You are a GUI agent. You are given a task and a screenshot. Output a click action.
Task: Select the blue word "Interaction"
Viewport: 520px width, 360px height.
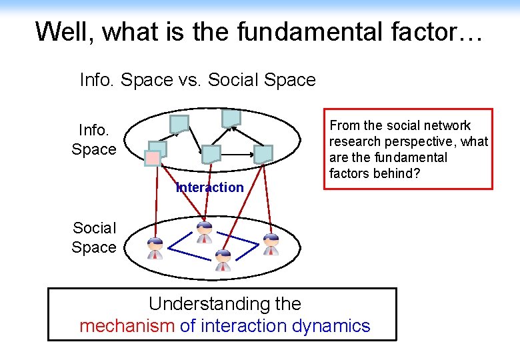(x=209, y=187)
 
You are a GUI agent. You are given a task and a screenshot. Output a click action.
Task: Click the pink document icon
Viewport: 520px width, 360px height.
(x=153, y=158)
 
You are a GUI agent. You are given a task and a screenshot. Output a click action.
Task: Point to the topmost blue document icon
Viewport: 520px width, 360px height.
(x=231, y=118)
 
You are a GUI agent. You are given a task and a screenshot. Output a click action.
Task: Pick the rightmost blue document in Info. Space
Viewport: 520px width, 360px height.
(x=263, y=154)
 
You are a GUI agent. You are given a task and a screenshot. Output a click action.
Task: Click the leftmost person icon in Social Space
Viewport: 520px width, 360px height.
(x=155, y=247)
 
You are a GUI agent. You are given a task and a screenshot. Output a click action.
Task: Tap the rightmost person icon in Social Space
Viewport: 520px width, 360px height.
(x=271, y=244)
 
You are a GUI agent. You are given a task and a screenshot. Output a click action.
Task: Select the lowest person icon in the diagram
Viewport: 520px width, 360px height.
(x=223, y=260)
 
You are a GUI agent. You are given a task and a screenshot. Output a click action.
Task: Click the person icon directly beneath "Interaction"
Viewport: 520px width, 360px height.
(x=205, y=232)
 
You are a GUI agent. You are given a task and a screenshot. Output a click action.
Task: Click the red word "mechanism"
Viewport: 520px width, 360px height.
(x=127, y=326)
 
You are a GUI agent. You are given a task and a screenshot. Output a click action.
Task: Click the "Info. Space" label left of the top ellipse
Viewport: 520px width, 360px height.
(x=94, y=139)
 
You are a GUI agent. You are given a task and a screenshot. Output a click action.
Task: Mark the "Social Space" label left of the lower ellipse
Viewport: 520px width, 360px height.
(x=94, y=237)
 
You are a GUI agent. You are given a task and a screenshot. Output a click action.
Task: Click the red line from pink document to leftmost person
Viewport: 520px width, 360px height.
(x=155, y=200)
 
